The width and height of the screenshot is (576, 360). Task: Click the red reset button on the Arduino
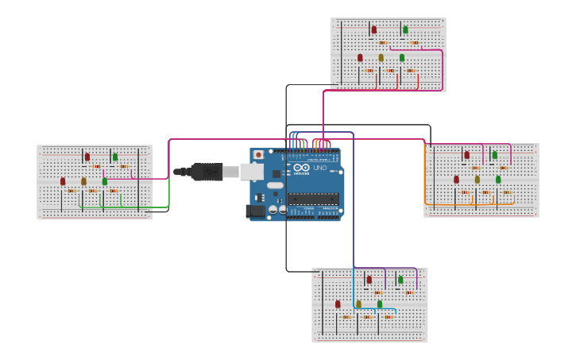pos(258,154)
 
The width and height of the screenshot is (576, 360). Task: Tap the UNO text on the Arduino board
pos(319,168)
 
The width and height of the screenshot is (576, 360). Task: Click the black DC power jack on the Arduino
pos(255,211)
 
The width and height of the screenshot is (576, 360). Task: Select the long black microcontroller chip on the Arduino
pos(313,199)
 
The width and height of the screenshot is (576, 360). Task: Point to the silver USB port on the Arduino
pos(252,171)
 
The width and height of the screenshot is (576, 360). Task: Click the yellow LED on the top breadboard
pos(381,57)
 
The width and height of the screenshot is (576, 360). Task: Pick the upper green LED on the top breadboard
pos(405,29)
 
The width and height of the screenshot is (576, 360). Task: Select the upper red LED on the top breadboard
pos(374,29)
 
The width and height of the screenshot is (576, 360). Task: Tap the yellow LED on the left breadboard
pos(83,181)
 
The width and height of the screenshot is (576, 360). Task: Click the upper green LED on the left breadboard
pos(115,157)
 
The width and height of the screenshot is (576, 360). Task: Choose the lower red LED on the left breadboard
pos(63,181)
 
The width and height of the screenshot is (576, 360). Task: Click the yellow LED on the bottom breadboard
pos(358,304)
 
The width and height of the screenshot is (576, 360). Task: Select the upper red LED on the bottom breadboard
pos(369,279)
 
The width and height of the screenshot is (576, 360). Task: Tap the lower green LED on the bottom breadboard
pos(380,304)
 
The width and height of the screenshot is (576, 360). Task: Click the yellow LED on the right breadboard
pos(477,179)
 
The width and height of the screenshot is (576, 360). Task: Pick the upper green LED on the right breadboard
pos(494,155)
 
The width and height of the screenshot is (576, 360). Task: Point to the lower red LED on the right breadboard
pos(456,179)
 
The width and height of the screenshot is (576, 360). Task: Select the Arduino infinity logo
pos(301,168)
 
